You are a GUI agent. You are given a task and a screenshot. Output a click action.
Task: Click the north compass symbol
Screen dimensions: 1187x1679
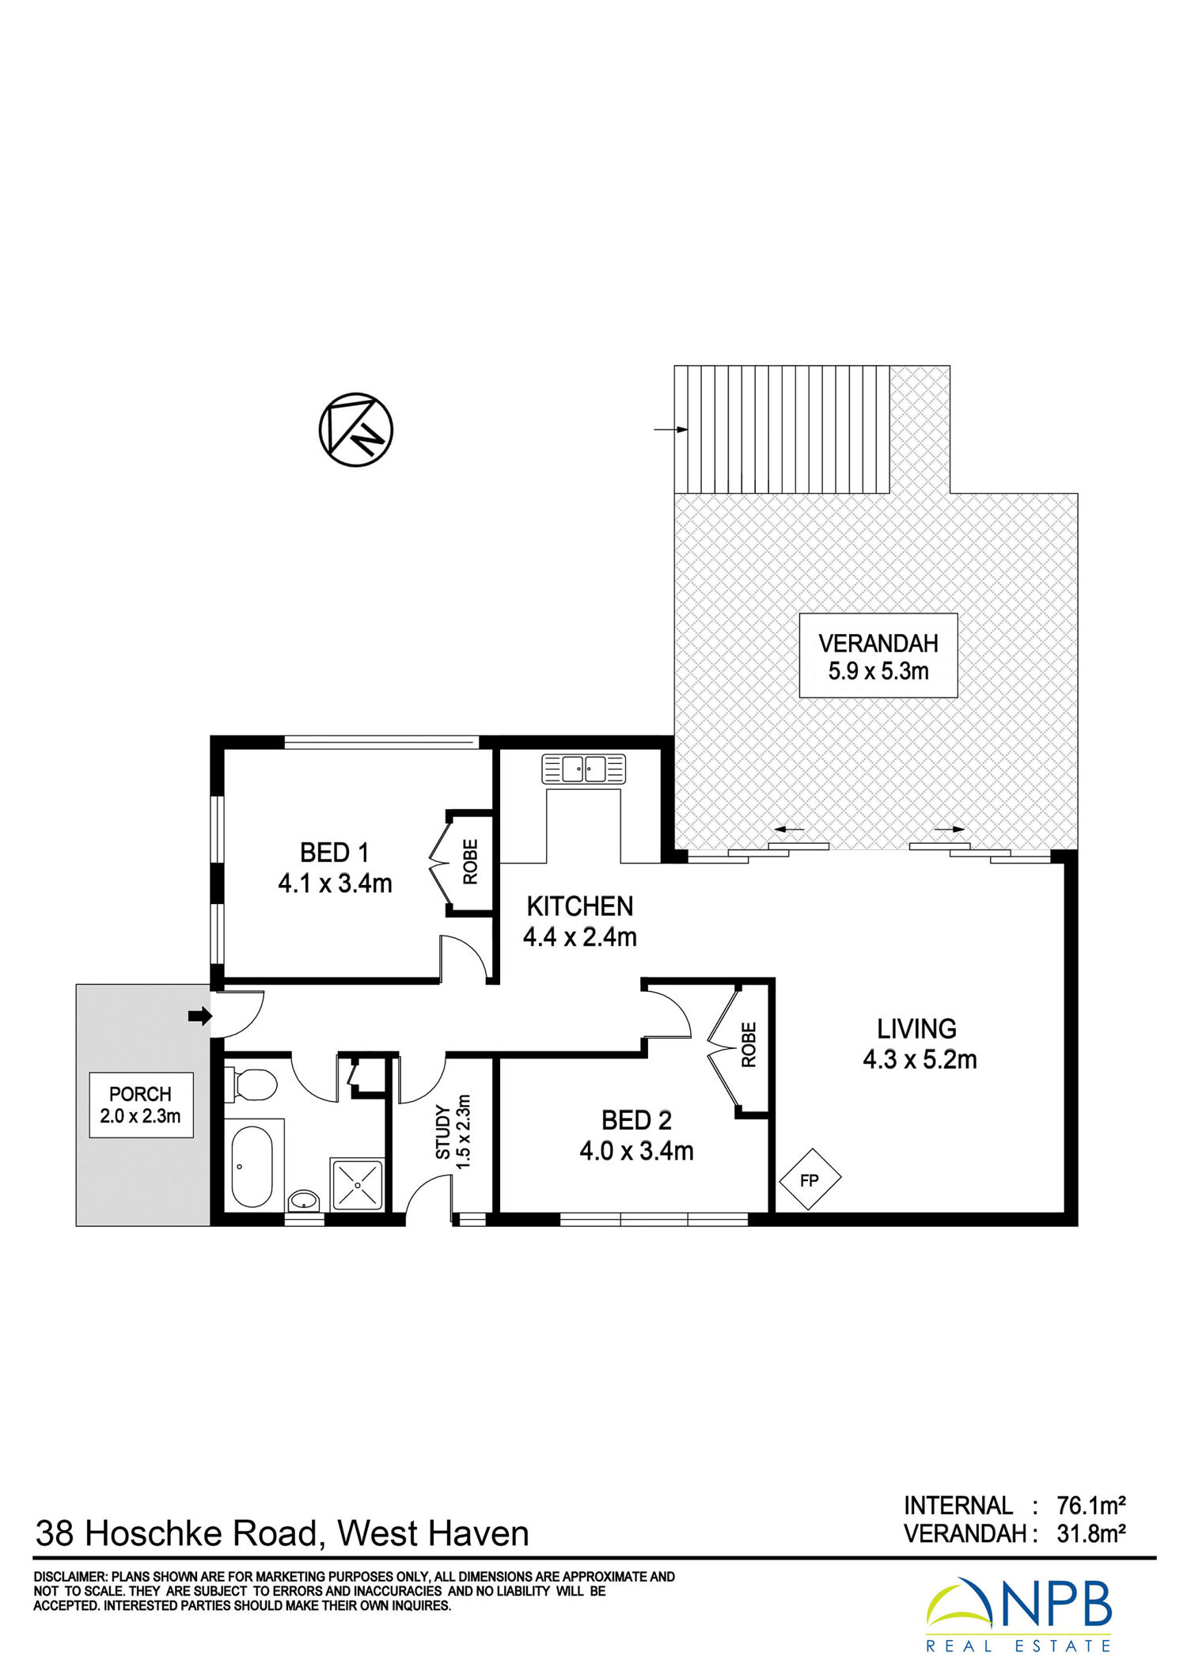click(x=356, y=430)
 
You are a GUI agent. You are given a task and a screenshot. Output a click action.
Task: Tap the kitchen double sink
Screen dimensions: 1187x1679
click(x=584, y=769)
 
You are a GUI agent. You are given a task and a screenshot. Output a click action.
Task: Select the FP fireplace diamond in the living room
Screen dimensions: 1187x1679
click(x=810, y=1179)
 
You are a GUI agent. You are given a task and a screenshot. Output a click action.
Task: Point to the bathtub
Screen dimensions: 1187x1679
click(x=252, y=1166)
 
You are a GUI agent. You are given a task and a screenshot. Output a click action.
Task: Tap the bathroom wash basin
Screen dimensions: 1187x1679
click(x=303, y=1202)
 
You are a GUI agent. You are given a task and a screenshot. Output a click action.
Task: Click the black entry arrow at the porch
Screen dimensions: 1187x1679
click(x=200, y=1016)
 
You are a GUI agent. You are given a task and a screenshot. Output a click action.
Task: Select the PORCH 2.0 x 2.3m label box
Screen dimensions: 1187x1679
click(x=141, y=1105)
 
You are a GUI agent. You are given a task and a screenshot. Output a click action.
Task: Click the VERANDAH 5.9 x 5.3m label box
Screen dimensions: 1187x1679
click(x=878, y=656)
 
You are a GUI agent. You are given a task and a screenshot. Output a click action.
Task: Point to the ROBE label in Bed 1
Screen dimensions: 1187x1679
click(x=471, y=862)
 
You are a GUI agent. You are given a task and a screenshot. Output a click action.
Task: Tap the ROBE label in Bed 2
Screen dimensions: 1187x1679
click(x=749, y=1045)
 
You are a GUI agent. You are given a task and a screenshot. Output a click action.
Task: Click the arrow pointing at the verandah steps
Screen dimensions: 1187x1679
click(x=671, y=430)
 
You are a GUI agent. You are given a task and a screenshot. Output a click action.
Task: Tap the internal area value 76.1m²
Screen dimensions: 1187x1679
click(x=1091, y=1505)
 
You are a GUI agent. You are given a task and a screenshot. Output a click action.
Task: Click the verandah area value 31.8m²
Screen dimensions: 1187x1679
click(x=1091, y=1534)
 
